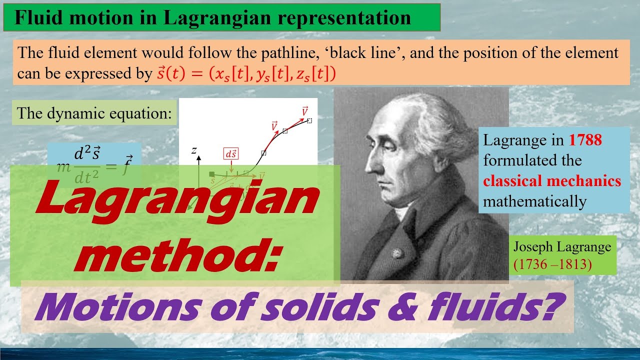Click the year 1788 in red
(585, 140)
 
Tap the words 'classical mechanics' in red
(552, 181)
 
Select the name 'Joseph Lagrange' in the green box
(562, 247)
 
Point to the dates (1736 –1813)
(552, 264)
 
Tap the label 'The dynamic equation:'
(94, 113)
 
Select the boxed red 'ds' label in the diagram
(231, 154)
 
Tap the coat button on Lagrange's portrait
(396, 252)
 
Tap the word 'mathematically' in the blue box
(534, 201)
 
